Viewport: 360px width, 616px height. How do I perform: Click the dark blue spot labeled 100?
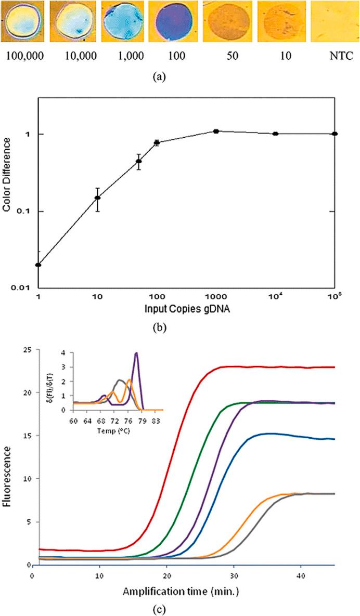(x=172, y=22)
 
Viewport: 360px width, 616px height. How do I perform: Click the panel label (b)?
(x=179, y=324)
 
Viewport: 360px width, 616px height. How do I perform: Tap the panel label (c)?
(x=179, y=606)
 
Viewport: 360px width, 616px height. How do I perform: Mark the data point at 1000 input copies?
(x=216, y=132)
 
